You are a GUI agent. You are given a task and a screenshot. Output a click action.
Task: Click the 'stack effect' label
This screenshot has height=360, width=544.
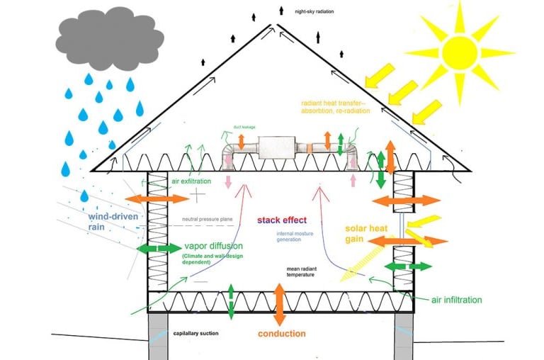[x=281, y=220]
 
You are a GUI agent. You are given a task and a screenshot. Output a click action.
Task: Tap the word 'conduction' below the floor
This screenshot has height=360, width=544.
[x=281, y=333]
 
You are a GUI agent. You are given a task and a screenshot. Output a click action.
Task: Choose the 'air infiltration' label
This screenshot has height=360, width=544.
[x=456, y=300]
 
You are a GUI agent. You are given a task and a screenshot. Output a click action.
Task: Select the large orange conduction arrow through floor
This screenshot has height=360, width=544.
[x=280, y=304]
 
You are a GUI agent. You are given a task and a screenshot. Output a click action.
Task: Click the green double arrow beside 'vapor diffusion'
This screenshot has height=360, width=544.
[x=160, y=248]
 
